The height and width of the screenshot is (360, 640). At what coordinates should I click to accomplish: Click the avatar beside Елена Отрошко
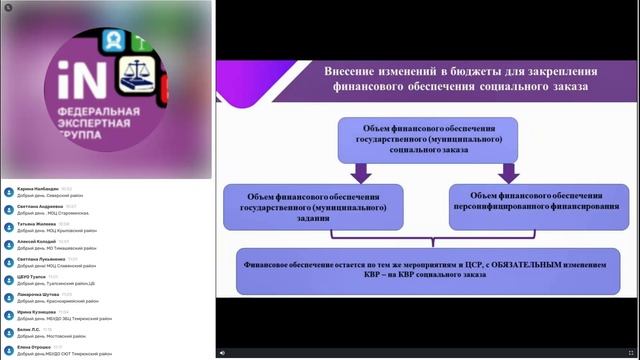(x=7, y=350)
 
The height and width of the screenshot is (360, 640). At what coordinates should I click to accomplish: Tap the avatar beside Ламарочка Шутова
(x=7, y=297)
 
